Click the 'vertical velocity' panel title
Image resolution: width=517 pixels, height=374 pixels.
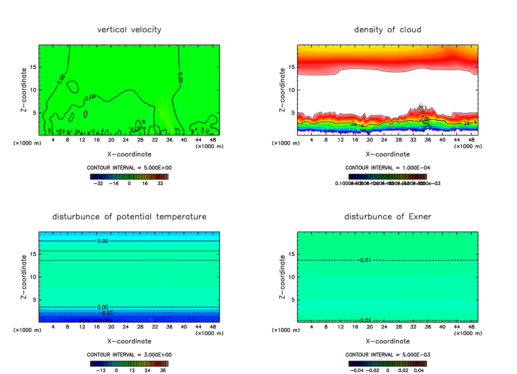click(x=129, y=30)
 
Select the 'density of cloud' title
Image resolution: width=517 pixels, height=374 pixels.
click(x=387, y=30)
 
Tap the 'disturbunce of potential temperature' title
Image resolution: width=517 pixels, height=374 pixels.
click(x=129, y=216)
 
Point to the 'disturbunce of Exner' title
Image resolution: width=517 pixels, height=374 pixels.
click(x=387, y=216)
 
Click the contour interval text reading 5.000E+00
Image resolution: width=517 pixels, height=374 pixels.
click(x=129, y=168)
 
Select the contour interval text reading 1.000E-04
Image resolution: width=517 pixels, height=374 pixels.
click(x=387, y=168)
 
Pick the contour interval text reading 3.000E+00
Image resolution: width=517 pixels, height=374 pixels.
click(x=129, y=355)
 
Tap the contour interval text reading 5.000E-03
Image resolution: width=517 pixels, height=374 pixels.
click(x=387, y=355)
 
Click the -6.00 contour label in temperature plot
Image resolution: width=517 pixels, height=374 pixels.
click(x=105, y=313)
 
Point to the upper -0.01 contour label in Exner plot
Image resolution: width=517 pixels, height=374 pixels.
click(x=364, y=260)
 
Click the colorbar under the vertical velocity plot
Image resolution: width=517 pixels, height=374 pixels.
click(x=129, y=177)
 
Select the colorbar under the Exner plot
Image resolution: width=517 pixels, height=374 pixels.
click(x=387, y=364)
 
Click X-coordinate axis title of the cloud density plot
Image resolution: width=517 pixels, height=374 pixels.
click(x=387, y=154)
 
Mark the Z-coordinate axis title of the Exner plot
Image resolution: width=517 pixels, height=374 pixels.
click(x=283, y=277)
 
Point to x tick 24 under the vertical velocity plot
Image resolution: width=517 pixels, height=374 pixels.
click(x=125, y=140)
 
